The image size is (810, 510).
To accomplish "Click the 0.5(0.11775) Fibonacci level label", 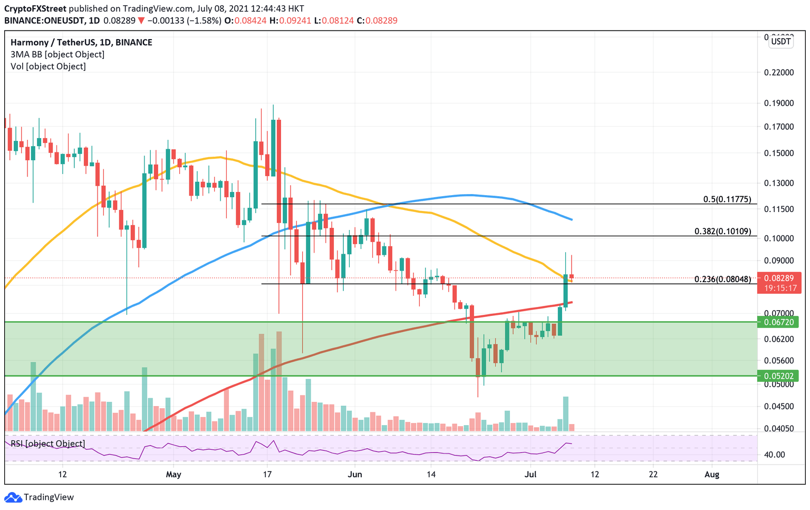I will (727, 199).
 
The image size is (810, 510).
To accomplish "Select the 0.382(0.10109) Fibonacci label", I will (722, 231).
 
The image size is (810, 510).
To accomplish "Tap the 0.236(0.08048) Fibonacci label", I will (722, 279).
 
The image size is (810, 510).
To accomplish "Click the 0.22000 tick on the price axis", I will (778, 72).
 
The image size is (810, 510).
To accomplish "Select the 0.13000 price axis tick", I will (778, 183).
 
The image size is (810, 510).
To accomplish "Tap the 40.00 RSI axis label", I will (775, 455).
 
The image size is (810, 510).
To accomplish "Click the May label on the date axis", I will (173, 474).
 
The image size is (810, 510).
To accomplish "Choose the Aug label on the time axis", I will (711, 474).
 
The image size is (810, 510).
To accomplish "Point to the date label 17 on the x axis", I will (267, 474).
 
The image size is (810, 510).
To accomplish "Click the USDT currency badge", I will (780, 41).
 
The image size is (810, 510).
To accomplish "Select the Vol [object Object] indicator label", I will (48, 66).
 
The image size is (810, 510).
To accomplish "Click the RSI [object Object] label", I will (47, 444).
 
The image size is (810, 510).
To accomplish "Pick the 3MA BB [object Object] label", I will (57, 54).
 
